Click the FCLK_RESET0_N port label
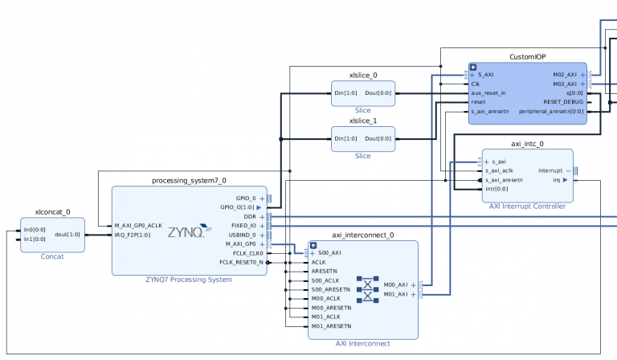(239, 262)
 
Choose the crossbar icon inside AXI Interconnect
(367, 288)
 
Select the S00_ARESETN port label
(331, 289)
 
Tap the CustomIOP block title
(528, 57)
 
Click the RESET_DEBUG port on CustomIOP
(564, 102)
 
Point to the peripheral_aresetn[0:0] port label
(552, 112)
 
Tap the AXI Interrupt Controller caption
(527, 207)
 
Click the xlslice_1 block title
(362, 121)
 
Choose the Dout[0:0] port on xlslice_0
(378, 93)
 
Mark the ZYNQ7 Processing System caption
(189, 280)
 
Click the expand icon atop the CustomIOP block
(473, 67)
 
